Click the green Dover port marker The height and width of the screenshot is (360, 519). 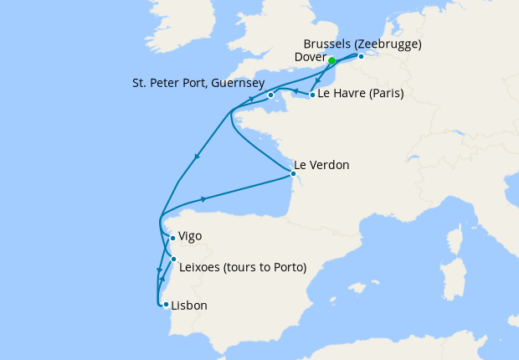(331, 61)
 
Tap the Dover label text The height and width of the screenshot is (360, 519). (311, 57)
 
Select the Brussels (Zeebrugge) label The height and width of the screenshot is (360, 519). (358, 43)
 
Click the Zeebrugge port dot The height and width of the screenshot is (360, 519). (361, 57)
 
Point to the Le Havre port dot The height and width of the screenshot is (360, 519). (312, 95)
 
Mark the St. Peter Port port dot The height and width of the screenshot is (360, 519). (271, 95)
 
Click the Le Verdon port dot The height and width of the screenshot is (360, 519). (292, 174)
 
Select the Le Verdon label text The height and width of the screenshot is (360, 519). (321, 165)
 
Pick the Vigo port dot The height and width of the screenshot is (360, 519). (172, 238)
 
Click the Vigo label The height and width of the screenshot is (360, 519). (190, 237)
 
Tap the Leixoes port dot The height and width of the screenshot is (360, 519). (173, 260)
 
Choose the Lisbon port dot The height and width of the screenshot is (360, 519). (166, 304)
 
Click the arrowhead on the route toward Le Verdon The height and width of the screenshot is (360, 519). (204, 199)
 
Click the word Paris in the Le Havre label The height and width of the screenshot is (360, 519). (384, 94)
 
